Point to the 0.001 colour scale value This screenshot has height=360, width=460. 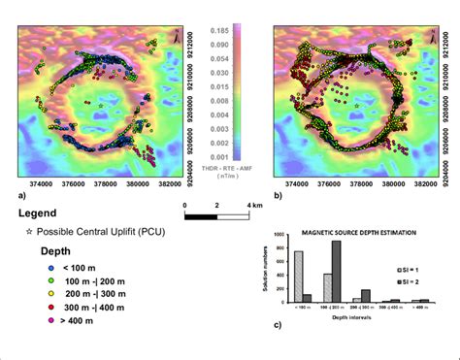(219, 156)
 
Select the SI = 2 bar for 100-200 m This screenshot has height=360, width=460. (336, 272)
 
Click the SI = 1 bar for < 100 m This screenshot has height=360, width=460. (299, 278)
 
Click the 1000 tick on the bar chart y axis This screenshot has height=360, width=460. (281, 236)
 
